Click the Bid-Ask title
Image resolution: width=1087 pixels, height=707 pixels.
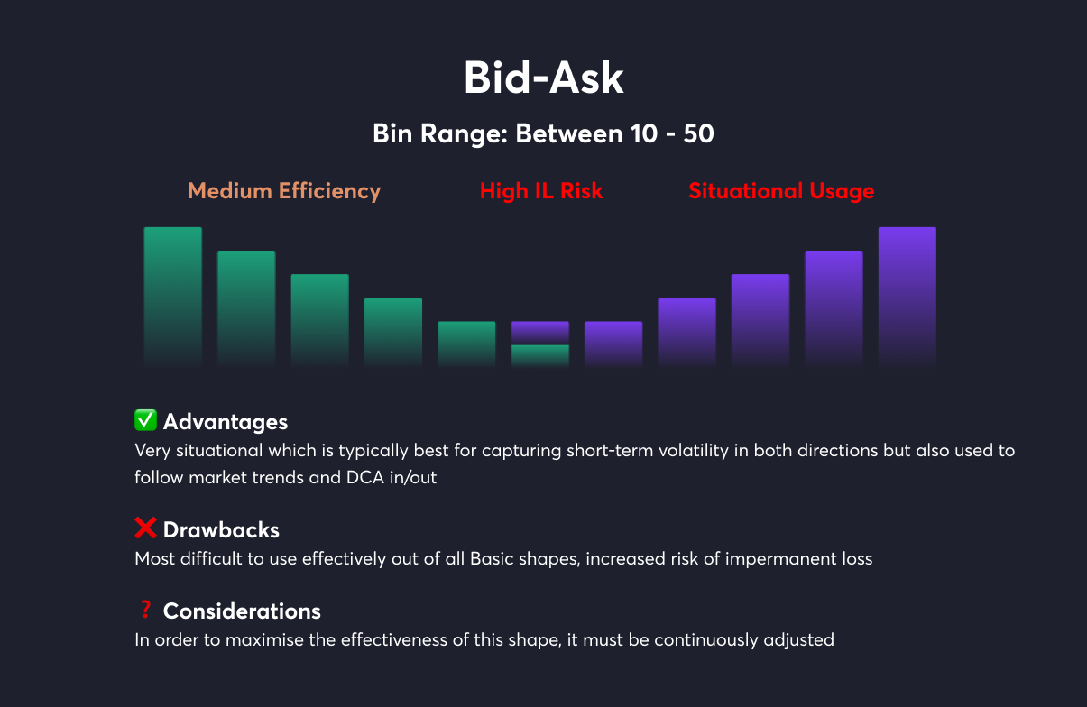pyautogui.click(x=543, y=78)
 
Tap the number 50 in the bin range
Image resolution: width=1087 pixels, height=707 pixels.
pyautogui.click(x=698, y=133)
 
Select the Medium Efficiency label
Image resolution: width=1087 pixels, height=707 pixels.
pyautogui.click(x=284, y=191)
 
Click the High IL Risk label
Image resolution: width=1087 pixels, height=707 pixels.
pyautogui.click(x=541, y=190)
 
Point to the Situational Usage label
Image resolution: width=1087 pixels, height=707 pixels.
pyautogui.click(x=781, y=191)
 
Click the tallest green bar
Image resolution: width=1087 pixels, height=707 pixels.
pyautogui.click(x=173, y=297)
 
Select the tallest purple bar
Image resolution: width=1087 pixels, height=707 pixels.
pyautogui.click(x=907, y=297)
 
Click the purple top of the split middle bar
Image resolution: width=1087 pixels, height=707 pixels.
pyautogui.click(x=540, y=333)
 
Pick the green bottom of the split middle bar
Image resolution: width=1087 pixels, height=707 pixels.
pyautogui.click(x=540, y=355)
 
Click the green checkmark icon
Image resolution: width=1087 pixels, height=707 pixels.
pyautogui.click(x=145, y=419)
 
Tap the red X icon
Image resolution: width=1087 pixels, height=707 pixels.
pyautogui.click(x=145, y=528)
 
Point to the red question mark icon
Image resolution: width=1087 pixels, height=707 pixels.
pyautogui.click(x=145, y=610)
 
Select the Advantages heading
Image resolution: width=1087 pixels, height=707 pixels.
pyautogui.click(x=226, y=422)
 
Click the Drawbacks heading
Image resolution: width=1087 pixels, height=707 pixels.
pyautogui.click(x=221, y=530)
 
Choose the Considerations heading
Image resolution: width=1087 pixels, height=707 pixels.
pyautogui.click(x=242, y=611)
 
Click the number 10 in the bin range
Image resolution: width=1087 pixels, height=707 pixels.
pyautogui.click(x=644, y=133)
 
